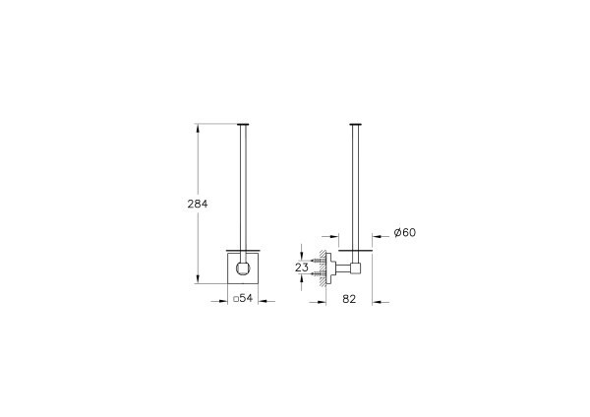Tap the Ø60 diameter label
405,232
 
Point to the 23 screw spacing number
304,267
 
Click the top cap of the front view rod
241,124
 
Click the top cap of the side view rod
355,124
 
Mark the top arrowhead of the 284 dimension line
201,127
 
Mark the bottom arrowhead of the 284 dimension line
201,280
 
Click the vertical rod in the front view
241,187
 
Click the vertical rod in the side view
355,187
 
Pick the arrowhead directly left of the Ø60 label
382,232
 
